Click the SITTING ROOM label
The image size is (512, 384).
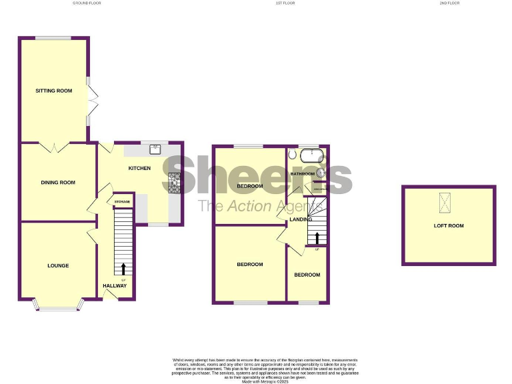(54, 91)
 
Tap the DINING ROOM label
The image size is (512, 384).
(58, 183)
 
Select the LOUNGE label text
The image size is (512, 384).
(58, 265)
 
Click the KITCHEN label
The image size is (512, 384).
(139, 168)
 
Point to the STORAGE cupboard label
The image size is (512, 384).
(122, 201)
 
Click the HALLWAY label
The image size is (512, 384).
(115, 286)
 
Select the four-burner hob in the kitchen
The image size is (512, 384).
(175, 183)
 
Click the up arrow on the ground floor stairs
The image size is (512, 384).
(123, 269)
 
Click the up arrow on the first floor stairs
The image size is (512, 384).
(317, 238)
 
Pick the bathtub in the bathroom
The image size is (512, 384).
(311, 157)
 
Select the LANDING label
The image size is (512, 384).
(298, 219)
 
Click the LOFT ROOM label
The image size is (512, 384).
(449, 226)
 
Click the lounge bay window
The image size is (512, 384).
(58, 307)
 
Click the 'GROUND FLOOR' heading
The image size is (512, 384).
(87, 3)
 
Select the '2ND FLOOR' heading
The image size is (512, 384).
(449, 3)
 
